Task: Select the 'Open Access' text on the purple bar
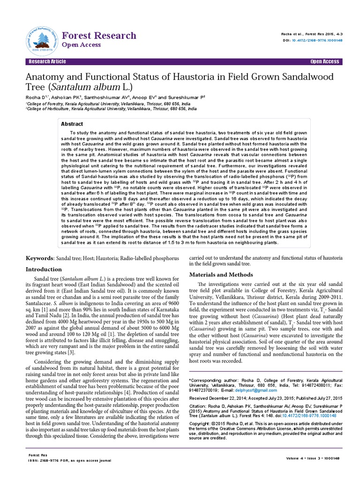point(324,62)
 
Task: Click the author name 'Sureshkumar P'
point(184,97)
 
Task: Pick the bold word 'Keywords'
point(40,258)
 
